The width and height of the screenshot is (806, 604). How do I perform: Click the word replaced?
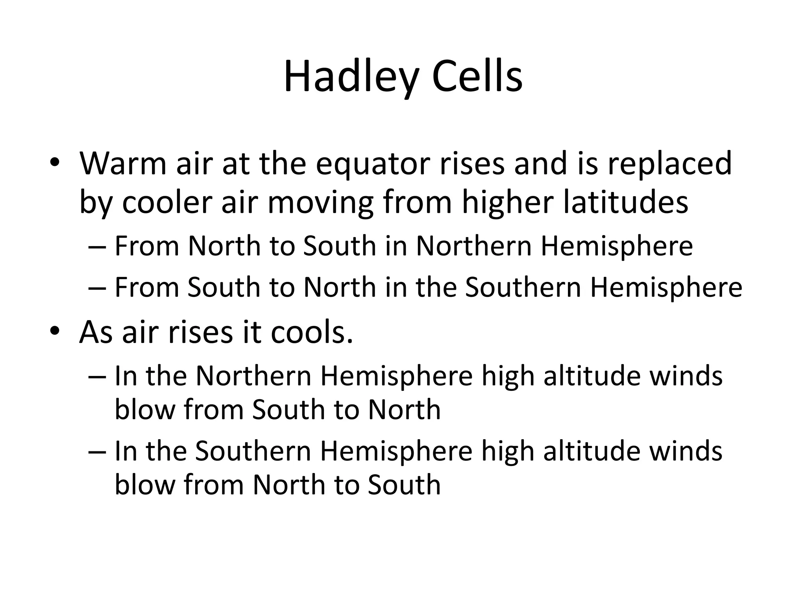point(669,164)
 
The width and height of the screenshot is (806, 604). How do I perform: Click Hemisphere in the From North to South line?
point(617,246)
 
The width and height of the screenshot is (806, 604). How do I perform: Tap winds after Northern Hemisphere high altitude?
point(686,376)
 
